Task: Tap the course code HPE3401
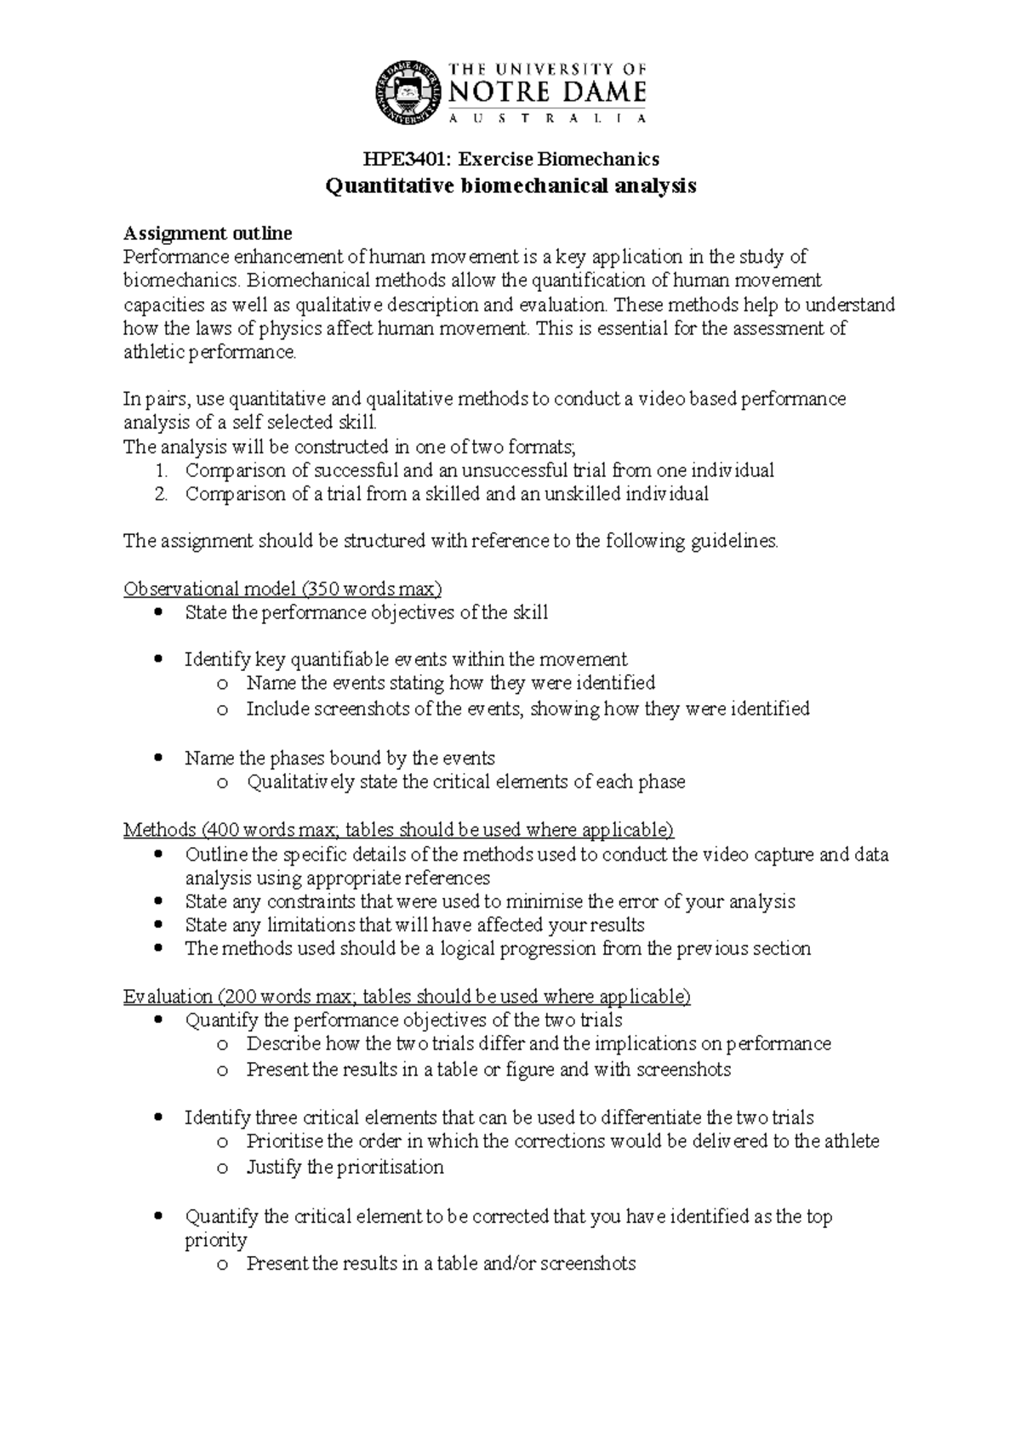pos(397,159)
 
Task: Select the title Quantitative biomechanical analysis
pos(510,186)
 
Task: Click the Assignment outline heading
pos(208,233)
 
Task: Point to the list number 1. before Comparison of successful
pos(162,470)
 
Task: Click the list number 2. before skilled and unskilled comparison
pos(162,494)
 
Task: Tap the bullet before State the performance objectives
pos(158,612)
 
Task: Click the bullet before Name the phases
pos(158,758)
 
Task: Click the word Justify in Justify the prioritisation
pos(273,1167)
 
